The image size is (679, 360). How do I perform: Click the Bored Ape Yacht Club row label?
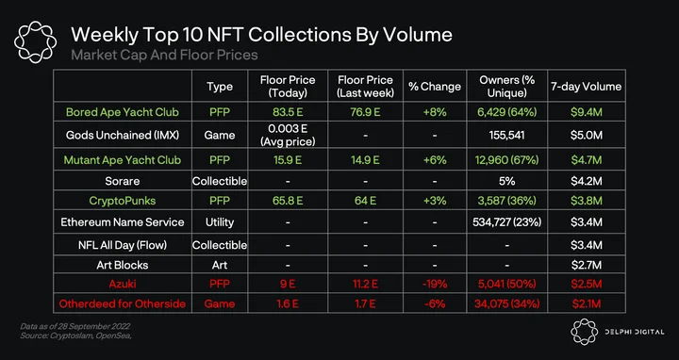tap(122, 112)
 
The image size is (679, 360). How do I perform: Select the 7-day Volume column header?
tap(586, 86)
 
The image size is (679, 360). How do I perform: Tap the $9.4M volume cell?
tap(586, 112)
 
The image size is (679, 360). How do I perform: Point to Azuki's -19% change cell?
tap(435, 284)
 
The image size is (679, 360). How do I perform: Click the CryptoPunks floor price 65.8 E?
tap(288, 201)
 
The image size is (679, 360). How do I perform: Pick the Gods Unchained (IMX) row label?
tap(122, 135)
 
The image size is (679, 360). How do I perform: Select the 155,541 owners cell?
tap(506, 135)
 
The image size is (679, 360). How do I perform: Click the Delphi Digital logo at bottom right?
tap(617, 332)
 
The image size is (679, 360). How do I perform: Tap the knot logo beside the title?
tap(36, 42)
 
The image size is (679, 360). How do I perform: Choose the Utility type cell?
tap(220, 222)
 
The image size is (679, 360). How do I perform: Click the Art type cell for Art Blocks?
tap(220, 265)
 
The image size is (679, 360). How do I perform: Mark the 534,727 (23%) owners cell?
tap(506, 222)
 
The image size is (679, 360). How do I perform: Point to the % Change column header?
tap(435, 86)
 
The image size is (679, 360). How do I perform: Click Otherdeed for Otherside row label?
tap(122, 303)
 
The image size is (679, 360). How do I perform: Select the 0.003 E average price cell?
tap(288, 135)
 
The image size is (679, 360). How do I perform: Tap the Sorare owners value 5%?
tap(506, 181)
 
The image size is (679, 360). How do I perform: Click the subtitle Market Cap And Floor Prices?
tap(164, 55)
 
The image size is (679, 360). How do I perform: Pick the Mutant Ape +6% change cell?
tap(435, 160)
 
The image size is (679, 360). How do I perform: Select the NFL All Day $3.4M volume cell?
tap(586, 245)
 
